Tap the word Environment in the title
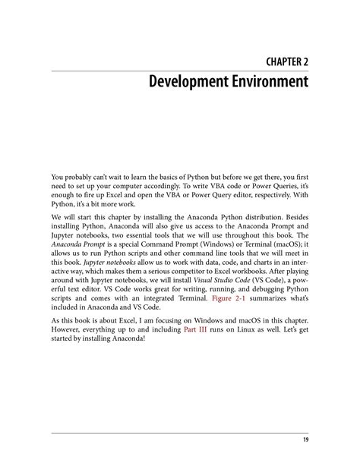[x=267, y=80]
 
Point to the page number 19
[x=303, y=441]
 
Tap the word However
[x=68, y=328]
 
